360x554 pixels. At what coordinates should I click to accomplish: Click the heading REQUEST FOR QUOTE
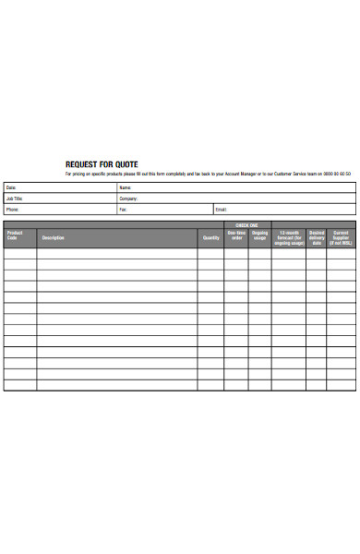coord(102,164)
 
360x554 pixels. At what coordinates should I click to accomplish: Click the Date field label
coord(11,187)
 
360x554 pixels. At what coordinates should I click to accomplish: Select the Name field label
coord(125,187)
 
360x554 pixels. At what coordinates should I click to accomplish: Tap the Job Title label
coord(15,199)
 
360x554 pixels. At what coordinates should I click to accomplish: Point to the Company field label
coord(127,199)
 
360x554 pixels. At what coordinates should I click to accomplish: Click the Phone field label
coord(13,210)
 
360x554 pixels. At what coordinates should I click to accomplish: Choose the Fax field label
coord(123,210)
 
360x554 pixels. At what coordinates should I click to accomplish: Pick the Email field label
coord(222,210)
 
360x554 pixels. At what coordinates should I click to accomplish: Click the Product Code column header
coord(15,235)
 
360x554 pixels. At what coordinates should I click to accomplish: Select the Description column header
coord(53,238)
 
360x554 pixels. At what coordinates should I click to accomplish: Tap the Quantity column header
coord(211,238)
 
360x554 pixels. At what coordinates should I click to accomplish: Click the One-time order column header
coord(236,235)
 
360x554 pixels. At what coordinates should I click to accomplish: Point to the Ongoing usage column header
coord(259,235)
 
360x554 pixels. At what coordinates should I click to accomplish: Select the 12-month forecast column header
coord(289,237)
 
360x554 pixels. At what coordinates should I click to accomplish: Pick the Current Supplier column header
coord(342,237)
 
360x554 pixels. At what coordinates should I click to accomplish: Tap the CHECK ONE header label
coord(247,224)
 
